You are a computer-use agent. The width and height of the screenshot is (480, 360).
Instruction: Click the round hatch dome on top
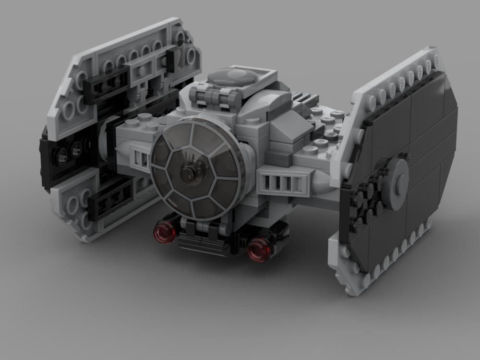coord(233,77)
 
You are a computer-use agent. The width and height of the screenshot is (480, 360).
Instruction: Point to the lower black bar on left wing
coord(110,197)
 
